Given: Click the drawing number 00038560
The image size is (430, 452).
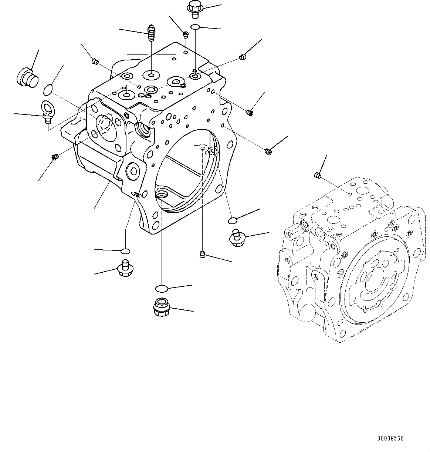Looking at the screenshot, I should [x=390, y=438].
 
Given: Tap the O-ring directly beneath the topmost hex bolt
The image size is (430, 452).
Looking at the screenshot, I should [x=196, y=27].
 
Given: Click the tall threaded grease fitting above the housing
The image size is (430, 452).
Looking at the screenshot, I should [x=151, y=33].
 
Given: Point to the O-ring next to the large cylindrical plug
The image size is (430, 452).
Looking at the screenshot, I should [x=48, y=90].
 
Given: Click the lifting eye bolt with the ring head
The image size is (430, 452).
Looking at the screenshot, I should [x=47, y=110].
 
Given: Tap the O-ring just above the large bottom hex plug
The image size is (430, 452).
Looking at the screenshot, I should [x=162, y=288].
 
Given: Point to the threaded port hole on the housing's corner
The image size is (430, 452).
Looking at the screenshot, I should [x=143, y=129].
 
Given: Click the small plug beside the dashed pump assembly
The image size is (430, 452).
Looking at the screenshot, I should [x=317, y=175].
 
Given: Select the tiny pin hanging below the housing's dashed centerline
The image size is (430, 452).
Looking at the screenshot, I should [x=202, y=254].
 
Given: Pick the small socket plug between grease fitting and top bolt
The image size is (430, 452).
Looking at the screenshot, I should [x=186, y=35].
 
